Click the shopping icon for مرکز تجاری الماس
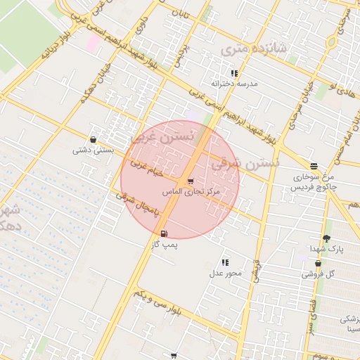pos(190,181)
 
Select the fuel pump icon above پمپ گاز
pos(164,233)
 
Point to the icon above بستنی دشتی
pos(94,139)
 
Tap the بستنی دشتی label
pos(93,150)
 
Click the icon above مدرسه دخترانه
pos(234,72)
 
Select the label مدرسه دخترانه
pos(237,83)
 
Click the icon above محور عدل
pos(225,262)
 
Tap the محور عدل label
pos(226,273)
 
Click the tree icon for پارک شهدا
pos(326,238)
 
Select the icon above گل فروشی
pos(319,263)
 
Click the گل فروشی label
pos(319,274)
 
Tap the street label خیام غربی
pos(147,169)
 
